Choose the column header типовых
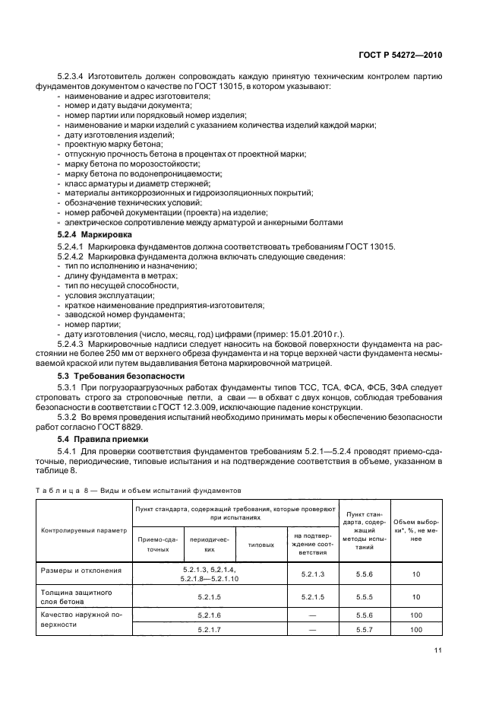[x=261, y=544]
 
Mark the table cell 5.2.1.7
[x=209, y=629]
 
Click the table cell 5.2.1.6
[x=209, y=615]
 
